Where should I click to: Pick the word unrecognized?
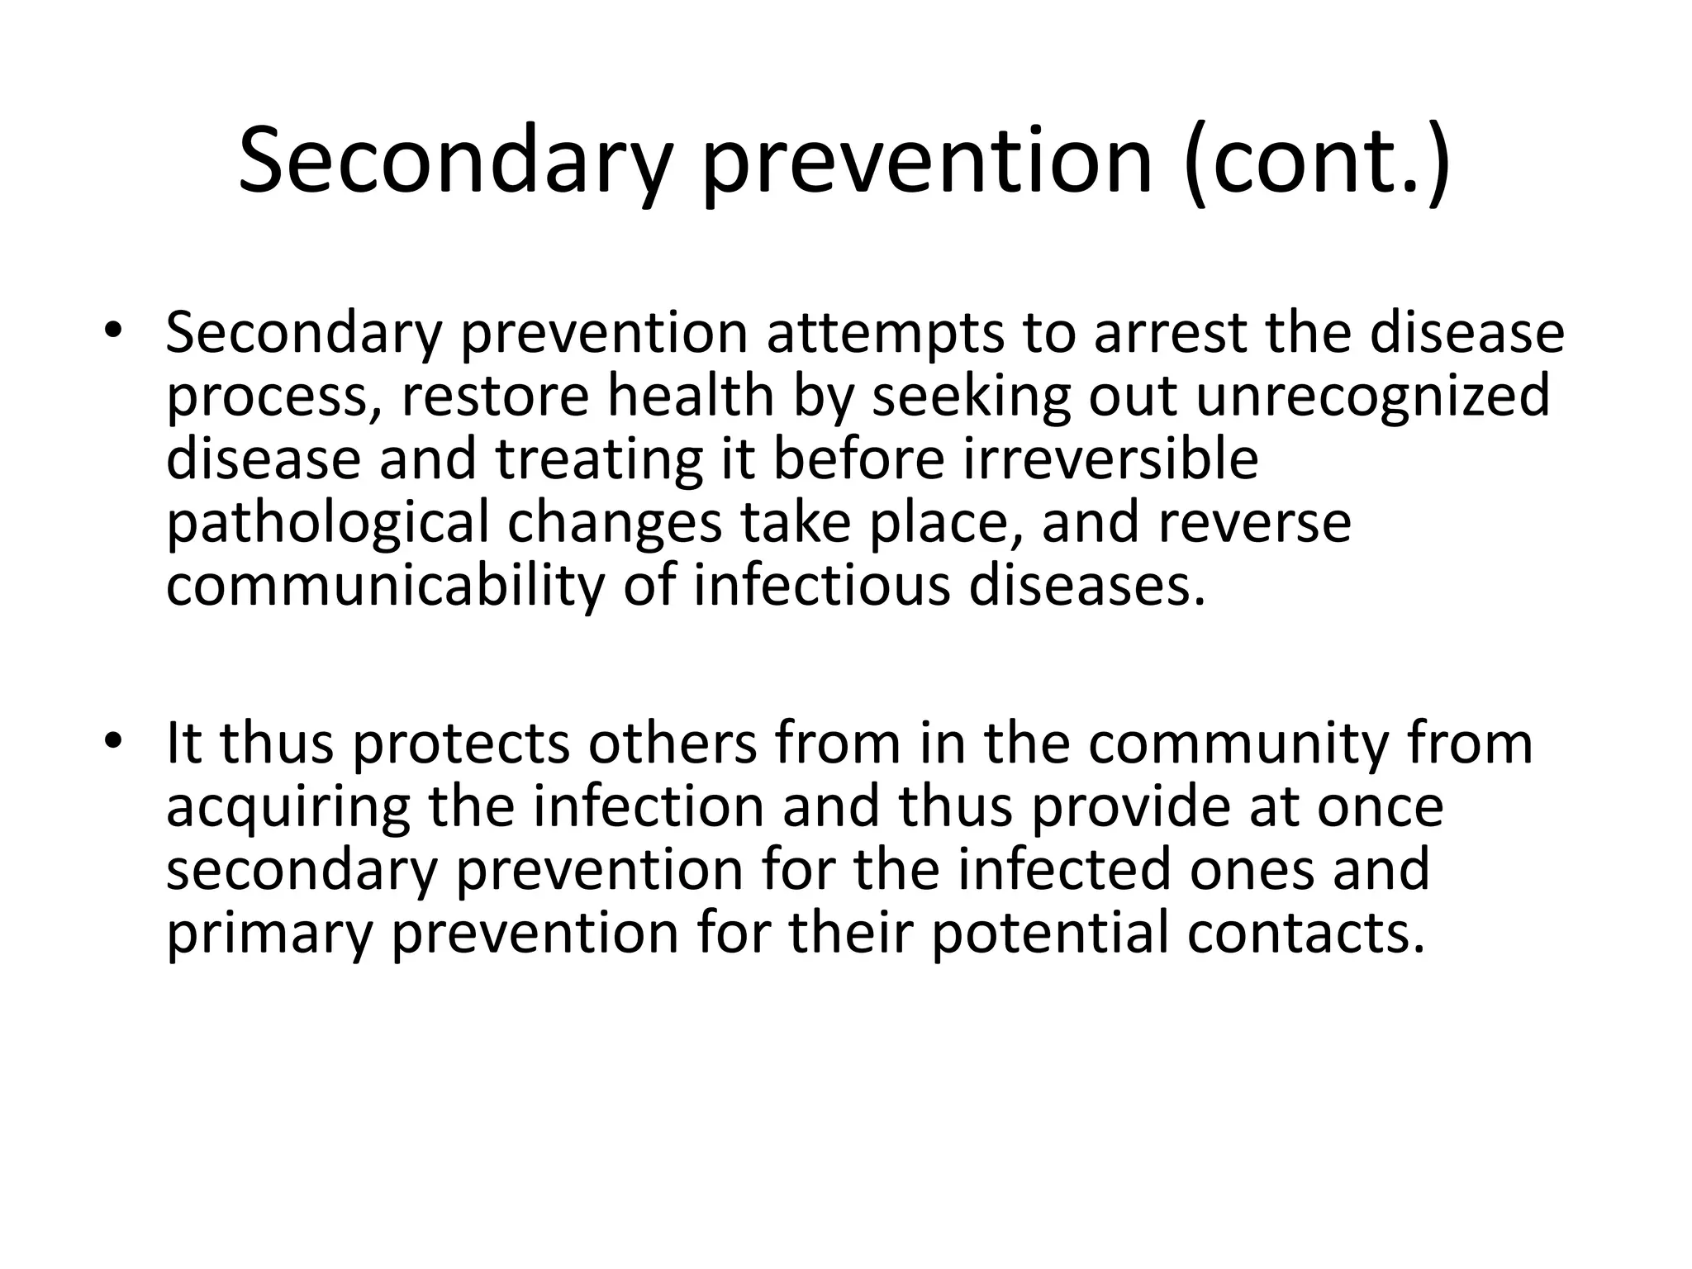[1372, 397]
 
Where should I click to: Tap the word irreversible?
[1111, 459]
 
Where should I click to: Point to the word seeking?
[972, 397]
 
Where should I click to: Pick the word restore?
[495, 397]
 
